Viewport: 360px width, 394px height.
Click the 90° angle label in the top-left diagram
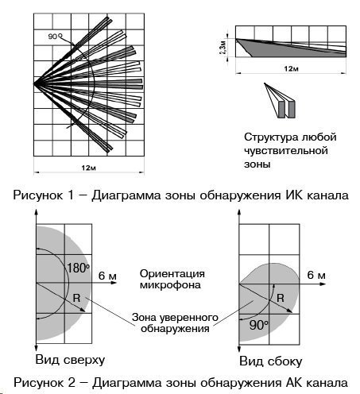point(55,37)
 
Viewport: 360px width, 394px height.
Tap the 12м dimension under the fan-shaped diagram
point(89,168)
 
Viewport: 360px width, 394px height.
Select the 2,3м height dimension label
point(223,48)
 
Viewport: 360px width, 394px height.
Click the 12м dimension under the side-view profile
point(291,69)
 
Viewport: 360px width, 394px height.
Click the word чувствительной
point(286,151)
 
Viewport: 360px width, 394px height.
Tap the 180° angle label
point(78,268)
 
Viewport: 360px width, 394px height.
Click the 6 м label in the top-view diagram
point(107,276)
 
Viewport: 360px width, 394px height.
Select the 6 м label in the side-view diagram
point(316,275)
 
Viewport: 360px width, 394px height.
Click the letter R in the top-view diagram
point(76,298)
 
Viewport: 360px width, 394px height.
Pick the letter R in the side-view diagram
point(281,298)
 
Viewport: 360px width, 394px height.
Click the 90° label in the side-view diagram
point(259,325)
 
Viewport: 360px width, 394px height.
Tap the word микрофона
point(170,285)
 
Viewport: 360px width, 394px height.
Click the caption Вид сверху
point(70,360)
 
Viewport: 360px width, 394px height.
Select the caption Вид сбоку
point(271,361)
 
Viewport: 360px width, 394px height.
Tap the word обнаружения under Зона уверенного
point(175,329)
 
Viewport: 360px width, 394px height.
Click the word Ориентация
point(172,273)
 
